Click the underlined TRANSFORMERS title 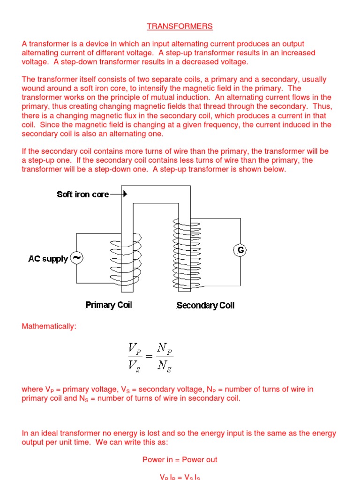[x=180, y=26]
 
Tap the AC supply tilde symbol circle [x=76, y=258]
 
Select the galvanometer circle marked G [x=240, y=250]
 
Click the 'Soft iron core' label [x=83, y=194]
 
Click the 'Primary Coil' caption [x=109, y=305]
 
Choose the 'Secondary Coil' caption [x=205, y=306]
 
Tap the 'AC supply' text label [x=48, y=259]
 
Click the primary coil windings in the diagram [x=126, y=260]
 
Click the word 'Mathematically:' [x=49, y=326]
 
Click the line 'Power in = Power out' [x=180, y=459]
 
